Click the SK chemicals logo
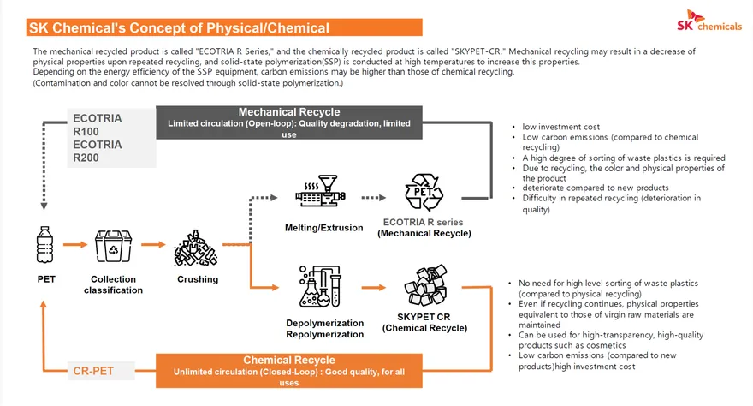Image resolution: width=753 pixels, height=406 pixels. [x=709, y=21]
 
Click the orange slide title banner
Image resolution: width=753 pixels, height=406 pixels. [x=224, y=27]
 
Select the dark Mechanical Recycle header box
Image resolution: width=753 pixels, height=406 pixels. [x=289, y=122]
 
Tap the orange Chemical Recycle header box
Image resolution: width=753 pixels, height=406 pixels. [x=289, y=371]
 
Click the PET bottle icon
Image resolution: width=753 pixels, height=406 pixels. [x=45, y=245]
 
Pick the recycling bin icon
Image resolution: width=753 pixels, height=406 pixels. [x=113, y=246]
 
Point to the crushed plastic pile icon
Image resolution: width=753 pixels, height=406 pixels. [x=196, y=248]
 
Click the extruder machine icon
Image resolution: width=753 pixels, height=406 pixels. [x=320, y=191]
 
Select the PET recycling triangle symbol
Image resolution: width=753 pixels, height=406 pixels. [x=424, y=192]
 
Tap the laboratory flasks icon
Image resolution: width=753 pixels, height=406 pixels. [x=320, y=286]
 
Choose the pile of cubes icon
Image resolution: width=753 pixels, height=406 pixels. [x=426, y=285]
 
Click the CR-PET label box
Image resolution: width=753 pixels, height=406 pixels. [x=101, y=371]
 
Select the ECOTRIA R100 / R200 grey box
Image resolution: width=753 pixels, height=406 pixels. [x=111, y=138]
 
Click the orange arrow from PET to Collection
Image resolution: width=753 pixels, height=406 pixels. [x=75, y=245]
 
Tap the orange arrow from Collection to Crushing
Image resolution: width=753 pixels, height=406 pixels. [x=152, y=245]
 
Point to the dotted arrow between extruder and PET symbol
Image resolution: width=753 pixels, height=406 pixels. [x=374, y=198]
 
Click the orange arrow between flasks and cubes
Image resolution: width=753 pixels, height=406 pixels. [x=374, y=287]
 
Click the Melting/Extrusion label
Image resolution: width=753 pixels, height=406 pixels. [x=324, y=228]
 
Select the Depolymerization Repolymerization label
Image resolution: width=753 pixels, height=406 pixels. [x=324, y=329]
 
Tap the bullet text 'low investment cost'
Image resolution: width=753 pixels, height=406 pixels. [x=561, y=127]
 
